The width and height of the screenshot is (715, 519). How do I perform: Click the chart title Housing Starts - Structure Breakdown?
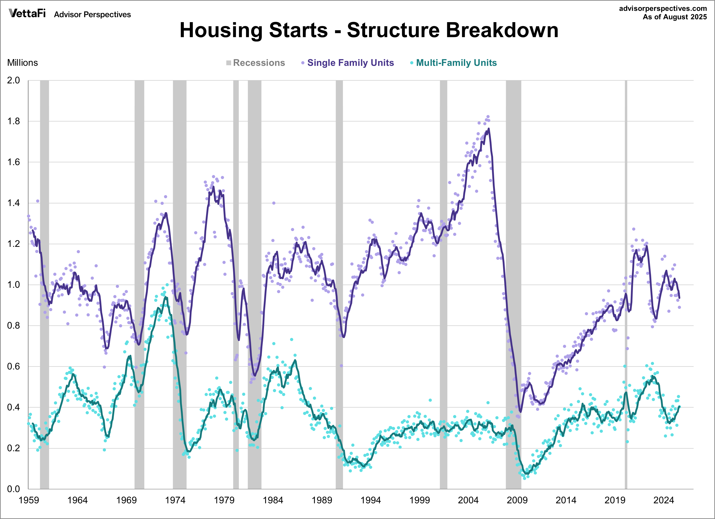click(369, 30)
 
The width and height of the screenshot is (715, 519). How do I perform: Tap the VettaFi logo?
click(27, 13)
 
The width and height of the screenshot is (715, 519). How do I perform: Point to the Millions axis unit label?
click(22, 63)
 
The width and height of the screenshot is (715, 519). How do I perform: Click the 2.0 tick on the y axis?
click(13, 80)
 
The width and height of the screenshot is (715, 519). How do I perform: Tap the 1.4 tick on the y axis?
click(13, 203)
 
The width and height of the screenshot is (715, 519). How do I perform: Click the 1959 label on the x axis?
click(29, 500)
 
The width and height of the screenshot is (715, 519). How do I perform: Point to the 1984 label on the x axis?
click(273, 500)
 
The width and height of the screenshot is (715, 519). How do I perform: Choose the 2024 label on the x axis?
click(664, 500)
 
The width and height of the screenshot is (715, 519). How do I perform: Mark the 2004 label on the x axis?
click(468, 500)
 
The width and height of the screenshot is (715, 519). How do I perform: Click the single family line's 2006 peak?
click(489, 129)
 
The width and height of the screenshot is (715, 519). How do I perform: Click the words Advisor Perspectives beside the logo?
click(92, 15)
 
